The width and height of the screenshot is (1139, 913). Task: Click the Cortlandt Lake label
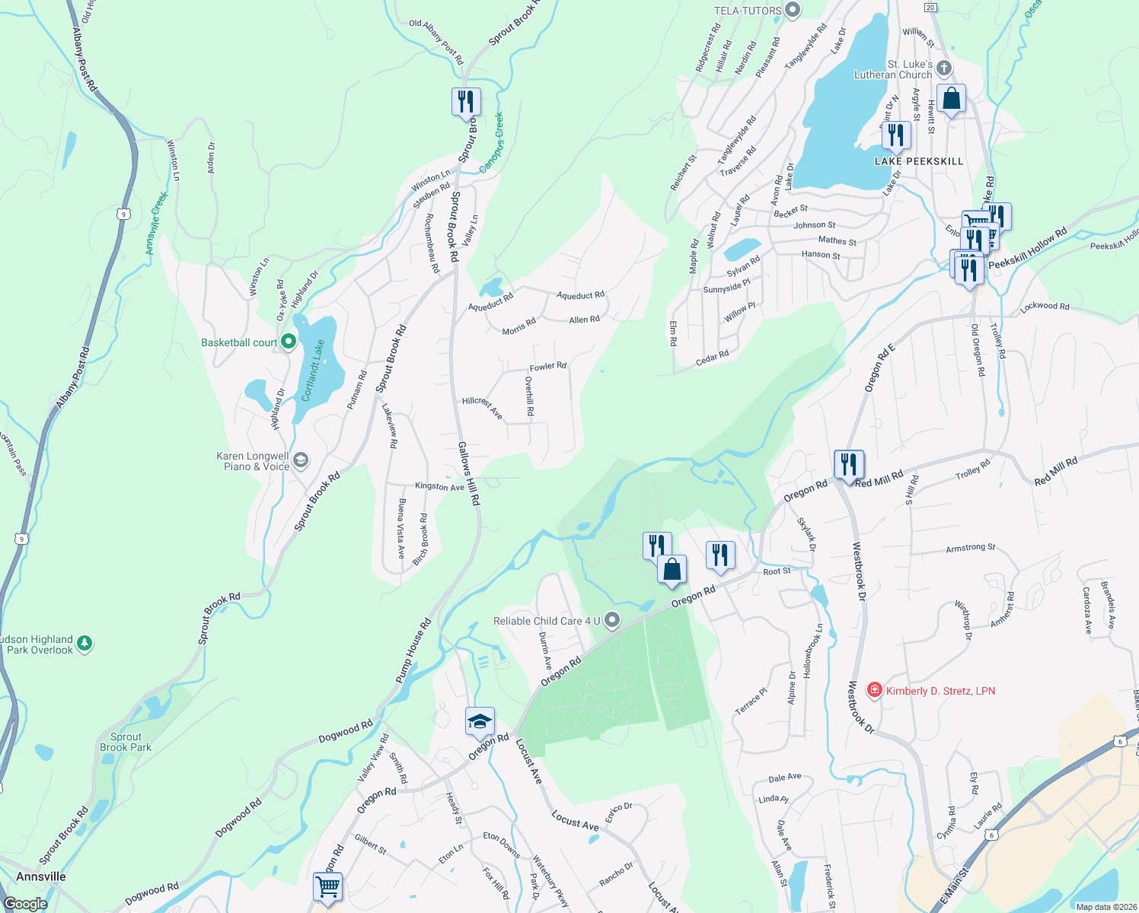click(313, 371)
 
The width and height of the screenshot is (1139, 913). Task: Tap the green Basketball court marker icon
click(289, 342)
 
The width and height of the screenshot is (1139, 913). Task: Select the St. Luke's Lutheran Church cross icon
click(944, 69)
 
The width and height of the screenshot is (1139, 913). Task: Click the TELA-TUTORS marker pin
click(793, 11)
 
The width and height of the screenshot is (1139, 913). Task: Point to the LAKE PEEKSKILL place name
click(919, 161)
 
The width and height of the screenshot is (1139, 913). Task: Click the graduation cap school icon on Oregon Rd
click(480, 721)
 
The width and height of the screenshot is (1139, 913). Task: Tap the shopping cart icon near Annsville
click(327, 886)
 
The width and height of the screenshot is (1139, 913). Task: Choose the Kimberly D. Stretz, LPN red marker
click(875, 691)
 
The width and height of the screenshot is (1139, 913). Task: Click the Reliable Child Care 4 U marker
click(611, 620)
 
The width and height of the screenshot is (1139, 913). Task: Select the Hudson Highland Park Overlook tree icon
click(85, 644)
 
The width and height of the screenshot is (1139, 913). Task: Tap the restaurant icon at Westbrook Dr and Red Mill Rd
click(849, 464)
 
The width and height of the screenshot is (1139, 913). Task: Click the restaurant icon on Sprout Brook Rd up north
click(466, 101)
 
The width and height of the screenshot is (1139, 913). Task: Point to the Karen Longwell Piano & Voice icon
click(301, 460)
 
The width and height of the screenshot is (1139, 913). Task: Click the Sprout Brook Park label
click(126, 742)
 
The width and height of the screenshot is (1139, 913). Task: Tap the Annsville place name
click(41, 876)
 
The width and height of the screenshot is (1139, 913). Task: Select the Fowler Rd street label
click(547, 367)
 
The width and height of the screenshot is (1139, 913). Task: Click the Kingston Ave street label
click(439, 486)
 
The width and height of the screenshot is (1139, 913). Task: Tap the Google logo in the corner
click(25, 904)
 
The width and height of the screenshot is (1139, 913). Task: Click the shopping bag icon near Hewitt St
click(951, 99)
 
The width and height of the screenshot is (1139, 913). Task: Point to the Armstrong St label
click(970, 548)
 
